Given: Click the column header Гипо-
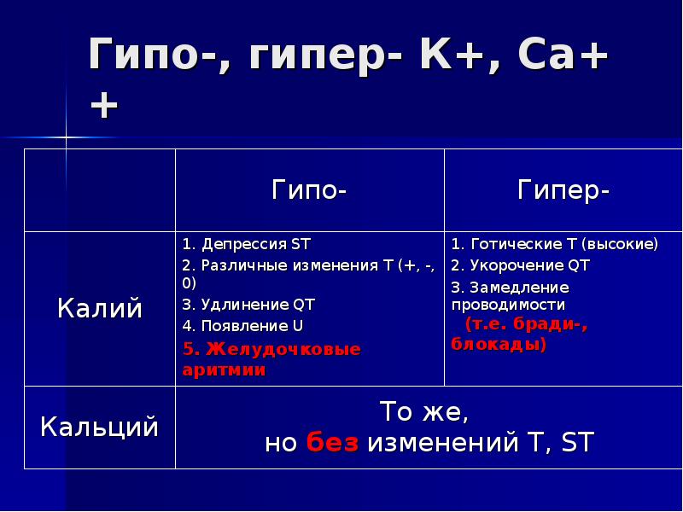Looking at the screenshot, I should point(309,189).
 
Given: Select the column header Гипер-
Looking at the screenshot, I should point(563,189).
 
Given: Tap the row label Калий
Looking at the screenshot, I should point(99,308).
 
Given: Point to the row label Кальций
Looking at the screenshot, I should point(99,426).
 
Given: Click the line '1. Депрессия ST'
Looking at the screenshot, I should point(247,244).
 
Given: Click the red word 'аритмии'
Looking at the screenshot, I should point(224,369).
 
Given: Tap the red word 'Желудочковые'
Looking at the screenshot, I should point(281,350).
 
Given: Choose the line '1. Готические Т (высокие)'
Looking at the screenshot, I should point(555,244).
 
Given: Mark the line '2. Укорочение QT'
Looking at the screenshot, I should point(521,265).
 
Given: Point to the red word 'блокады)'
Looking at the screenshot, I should point(499,345).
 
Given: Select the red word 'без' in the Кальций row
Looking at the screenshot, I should point(333,443).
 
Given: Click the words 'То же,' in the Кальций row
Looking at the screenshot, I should point(424,412).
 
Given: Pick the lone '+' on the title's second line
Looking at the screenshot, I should point(104,106).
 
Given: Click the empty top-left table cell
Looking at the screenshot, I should point(99,189).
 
